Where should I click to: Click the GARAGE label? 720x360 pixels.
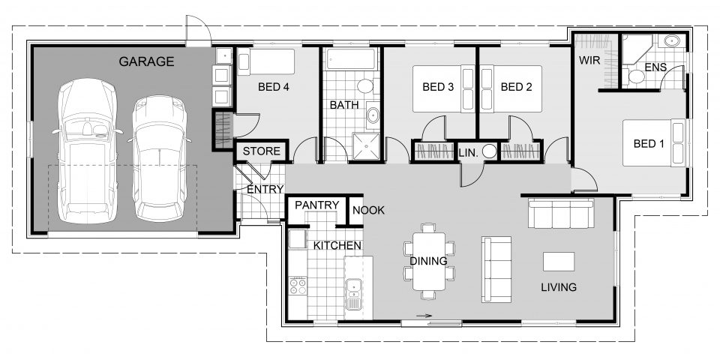[x=146, y=61]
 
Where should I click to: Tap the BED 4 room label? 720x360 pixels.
[x=273, y=87]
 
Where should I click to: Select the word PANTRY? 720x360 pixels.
[x=316, y=205]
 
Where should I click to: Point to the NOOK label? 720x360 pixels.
[x=368, y=210]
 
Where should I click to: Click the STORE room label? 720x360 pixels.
[x=261, y=151]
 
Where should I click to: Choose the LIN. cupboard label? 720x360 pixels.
[x=468, y=153]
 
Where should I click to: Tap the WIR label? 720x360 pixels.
[x=589, y=60]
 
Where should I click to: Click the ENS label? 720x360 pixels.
[x=655, y=67]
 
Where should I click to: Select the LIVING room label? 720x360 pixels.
[x=558, y=287]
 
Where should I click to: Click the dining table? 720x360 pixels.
[x=429, y=261]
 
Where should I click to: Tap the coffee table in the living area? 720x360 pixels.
[x=558, y=262]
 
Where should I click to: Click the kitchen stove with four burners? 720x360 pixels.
[x=298, y=286]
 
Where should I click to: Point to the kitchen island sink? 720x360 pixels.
[x=353, y=294]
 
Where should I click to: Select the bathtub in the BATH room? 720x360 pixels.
[x=351, y=59]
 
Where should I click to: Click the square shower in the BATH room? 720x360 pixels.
[x=367, y=146]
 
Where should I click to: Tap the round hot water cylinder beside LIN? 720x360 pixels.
[x=490, y=151]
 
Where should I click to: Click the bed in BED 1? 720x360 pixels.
[x=655, y=142]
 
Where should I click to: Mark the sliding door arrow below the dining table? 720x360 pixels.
[x=424, y=316]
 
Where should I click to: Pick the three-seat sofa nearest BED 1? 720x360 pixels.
[x=561, y=214]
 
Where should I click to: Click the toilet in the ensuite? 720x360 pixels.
[x=636, y=75]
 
